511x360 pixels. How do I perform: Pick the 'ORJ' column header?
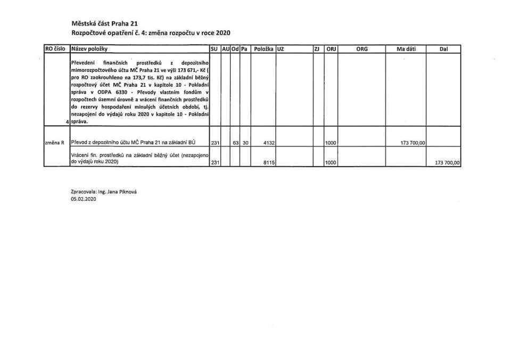pos(331,48)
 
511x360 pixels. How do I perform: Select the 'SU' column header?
pos(215,48)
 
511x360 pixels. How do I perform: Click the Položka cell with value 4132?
pos(268,142)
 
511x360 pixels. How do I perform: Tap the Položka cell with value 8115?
pos(268,163)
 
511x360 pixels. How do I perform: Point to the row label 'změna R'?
pos(55,142)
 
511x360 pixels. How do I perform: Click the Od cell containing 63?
pos(236,142)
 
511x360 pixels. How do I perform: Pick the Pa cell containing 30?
pos(246,142)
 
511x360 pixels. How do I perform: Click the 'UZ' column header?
pos(281,48)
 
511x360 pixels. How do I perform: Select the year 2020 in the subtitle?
pos(212,33)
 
